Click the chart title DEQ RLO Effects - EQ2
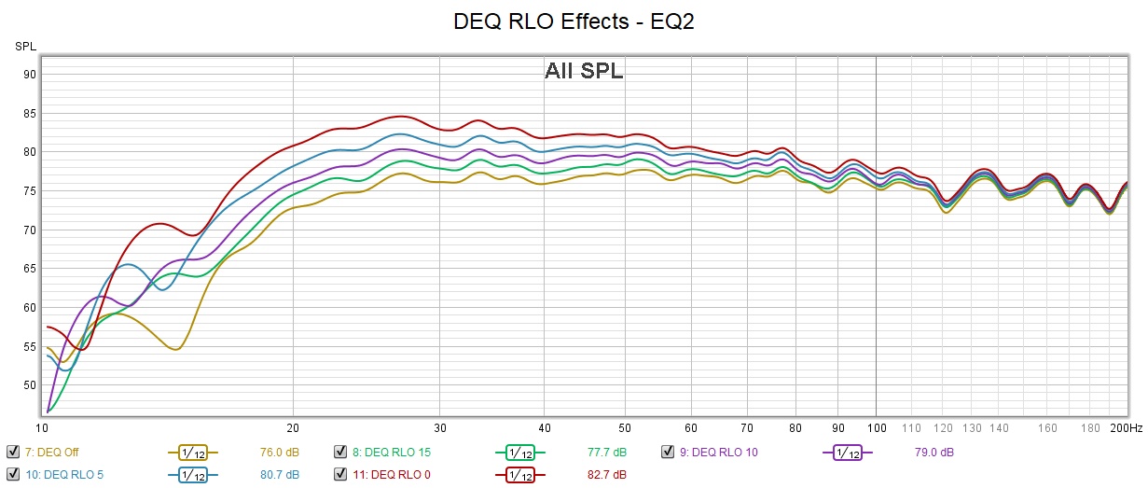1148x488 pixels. tap(574, 21)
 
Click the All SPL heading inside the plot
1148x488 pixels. tap(584, 71)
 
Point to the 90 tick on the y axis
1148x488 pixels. tap(30, 75)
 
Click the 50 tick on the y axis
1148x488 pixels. tap(30, 384)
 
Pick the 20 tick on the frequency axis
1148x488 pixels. tap(293, 427)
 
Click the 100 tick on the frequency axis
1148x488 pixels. tap(876, 427)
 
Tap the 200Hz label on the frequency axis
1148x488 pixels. tap(1126, 427)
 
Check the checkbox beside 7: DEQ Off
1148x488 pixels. tap(12, 453)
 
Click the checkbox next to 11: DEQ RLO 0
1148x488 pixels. tap(341, 475)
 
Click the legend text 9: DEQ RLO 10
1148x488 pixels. tap(718, 453)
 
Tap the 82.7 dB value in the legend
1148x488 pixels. tap(606, 475)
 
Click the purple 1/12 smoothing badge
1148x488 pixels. tap(847, 453)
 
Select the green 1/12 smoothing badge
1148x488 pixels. tap(520, 453)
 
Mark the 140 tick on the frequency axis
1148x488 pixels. tap(999, 427)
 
